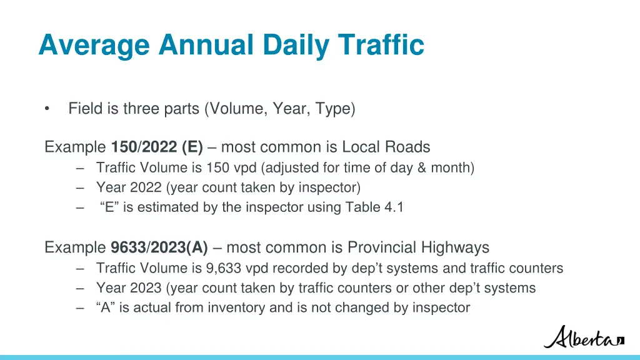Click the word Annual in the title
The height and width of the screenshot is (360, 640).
[206, 45]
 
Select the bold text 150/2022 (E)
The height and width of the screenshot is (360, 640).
[157, 147]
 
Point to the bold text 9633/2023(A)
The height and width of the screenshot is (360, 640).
[159, 248]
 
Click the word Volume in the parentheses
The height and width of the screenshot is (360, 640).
[237, 109]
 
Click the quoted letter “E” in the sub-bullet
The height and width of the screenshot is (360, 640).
[110, 207]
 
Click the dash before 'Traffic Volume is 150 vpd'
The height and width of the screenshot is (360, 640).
[81, 167]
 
